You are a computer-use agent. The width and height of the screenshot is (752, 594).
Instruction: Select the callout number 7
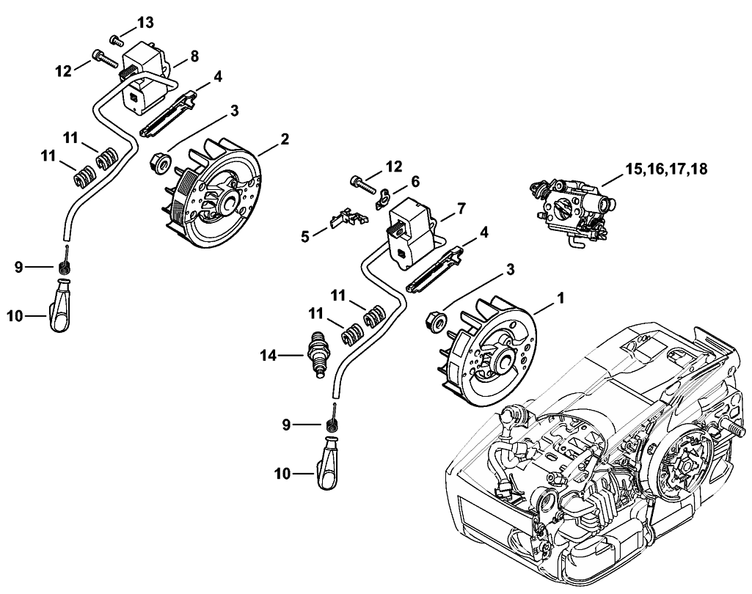point(463,208)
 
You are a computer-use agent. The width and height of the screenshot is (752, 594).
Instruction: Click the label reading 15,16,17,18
point(666,170)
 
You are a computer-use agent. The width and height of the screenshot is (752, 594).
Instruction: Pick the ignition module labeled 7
point(412,233)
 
